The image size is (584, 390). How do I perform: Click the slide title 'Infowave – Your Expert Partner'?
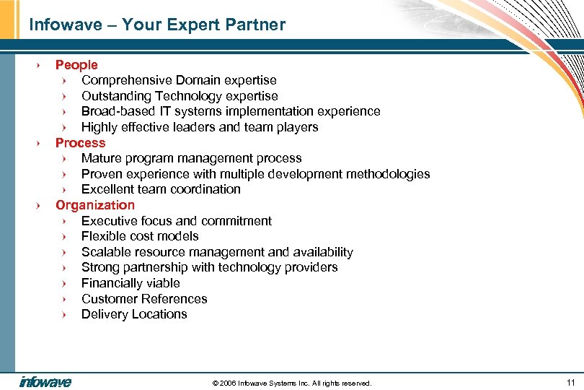point(157,25)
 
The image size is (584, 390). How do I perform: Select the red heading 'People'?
point(76,65)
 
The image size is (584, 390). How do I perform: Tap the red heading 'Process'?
point(80,143)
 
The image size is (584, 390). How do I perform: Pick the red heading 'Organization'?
point(95,205)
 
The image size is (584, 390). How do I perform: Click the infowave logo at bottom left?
point(45,382)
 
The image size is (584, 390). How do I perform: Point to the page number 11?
point(570,382)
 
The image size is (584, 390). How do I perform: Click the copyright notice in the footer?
point(292,383)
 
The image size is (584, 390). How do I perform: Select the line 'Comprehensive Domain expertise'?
point(179,80)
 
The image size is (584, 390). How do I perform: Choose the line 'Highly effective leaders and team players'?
point(200,127)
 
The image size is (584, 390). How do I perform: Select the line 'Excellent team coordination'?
point(161,189)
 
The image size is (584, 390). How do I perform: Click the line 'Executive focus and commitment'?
point(177,221)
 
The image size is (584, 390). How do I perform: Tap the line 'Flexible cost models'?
point(140,236)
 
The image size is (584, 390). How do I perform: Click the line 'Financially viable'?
point(130,283)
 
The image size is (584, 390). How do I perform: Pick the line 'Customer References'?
point(144,299)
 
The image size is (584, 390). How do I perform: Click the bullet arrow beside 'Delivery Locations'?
point(64,315)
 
